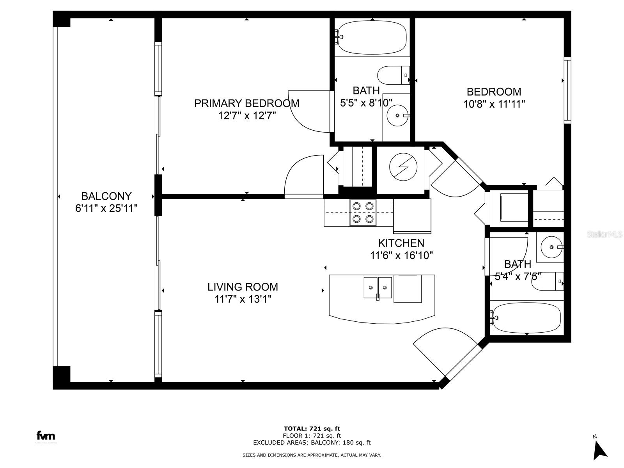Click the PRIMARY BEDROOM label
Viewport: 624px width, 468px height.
[246, 103]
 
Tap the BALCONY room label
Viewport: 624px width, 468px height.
[106, 196]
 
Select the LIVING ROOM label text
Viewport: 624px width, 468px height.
[243, 287]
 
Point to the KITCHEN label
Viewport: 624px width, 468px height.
[401, 243]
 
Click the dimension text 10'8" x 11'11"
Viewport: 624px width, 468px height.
[494, 104]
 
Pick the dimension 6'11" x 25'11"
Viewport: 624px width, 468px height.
[106, 209]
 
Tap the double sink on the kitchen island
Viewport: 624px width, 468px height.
[378, 287]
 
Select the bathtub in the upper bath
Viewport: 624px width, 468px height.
[372, 37]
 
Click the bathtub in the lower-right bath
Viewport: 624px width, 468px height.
[526, 317]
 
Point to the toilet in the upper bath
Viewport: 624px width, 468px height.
[394, 75]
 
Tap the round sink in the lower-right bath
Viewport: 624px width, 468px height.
[551, 247]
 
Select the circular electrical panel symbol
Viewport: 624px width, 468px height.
[403, 167]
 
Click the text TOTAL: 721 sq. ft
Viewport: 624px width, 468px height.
[312, 429]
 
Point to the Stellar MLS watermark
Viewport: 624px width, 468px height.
[604, 234]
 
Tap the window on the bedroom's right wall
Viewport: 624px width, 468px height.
[567, 90]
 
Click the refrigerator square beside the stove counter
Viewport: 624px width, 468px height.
[412, 216]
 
